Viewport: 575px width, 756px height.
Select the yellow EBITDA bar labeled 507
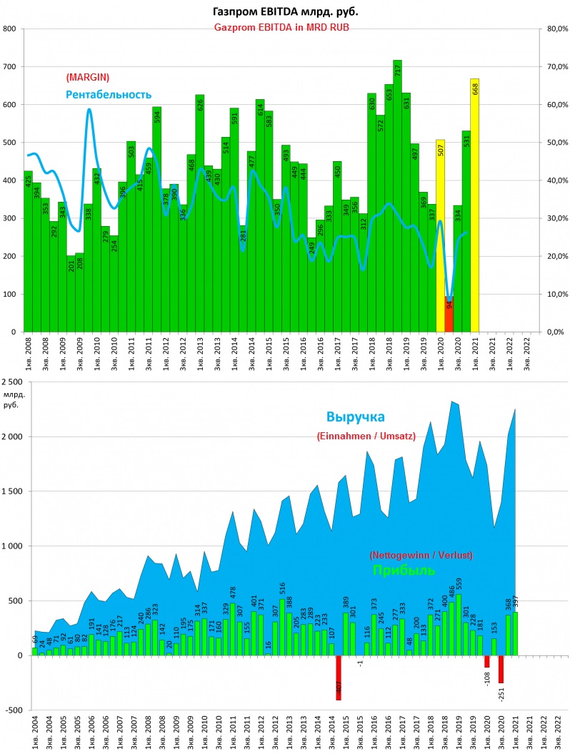[x=440, y=235]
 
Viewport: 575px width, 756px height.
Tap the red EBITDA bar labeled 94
[x=449, y=314]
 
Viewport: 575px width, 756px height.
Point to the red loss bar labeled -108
[x=486, y=661]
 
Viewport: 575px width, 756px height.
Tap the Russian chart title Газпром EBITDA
[x=286, y=12]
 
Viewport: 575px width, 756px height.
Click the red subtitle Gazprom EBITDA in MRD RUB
[x=286, y=26]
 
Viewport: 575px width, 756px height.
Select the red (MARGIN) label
[x=87, y=77]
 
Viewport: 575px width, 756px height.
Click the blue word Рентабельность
[x=109, y=94]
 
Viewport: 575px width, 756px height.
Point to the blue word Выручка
[x=356, y=417]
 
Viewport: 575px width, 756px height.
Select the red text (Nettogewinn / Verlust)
[x=421, y=554]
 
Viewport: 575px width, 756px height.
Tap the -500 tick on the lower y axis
[x=13, y=710]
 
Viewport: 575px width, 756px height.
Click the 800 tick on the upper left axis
[x=10, y=29]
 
